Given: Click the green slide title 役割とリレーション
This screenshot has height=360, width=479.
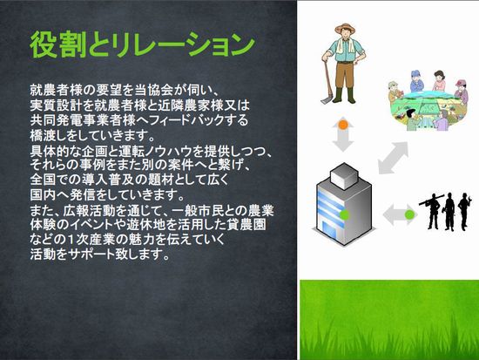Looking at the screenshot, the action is click(x=142, y=44).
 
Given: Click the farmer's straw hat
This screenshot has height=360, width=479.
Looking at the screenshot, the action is click(x=345, y=28).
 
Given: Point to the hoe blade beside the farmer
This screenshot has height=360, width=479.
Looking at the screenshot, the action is click(x=325, y=99).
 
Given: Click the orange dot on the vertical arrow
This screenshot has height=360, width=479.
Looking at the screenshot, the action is click(x=343, y=125).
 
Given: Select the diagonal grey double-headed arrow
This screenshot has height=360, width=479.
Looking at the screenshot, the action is click(x=393, y=158).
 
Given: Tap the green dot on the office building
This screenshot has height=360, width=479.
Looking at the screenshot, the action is click(x=345, y=214).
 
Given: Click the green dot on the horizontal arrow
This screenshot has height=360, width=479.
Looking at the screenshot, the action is click(x=409, y=214).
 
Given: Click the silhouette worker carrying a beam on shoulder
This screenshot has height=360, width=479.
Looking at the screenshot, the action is click(x=432, y=212).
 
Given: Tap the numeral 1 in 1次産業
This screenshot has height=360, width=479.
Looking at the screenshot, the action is click(x=70, y=239).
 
